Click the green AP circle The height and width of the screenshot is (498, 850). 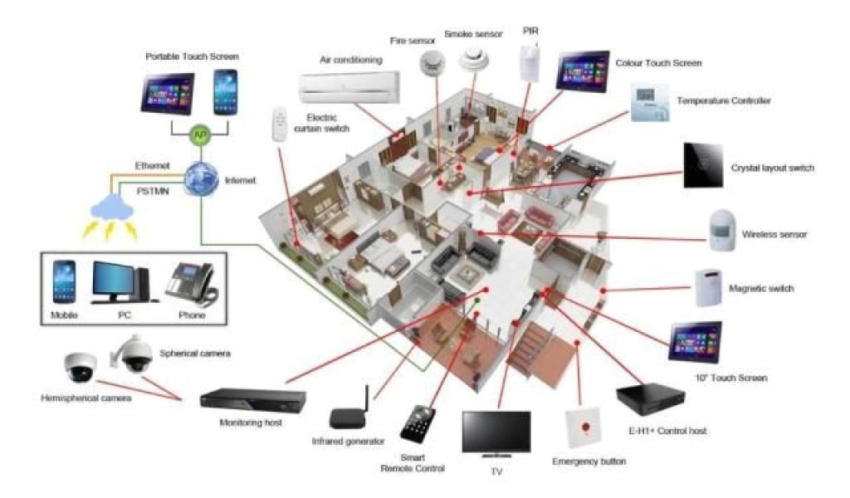[199, 134]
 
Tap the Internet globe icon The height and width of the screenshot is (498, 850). [200, 177]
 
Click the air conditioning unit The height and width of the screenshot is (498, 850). [349, 84]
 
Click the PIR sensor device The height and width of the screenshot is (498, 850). [529, 62]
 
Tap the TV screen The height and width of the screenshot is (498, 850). [496, 432]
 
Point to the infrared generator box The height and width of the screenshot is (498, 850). [348, 414]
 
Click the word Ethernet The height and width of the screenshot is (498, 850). [152, 166]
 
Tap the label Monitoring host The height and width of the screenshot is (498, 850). [250, 422]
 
